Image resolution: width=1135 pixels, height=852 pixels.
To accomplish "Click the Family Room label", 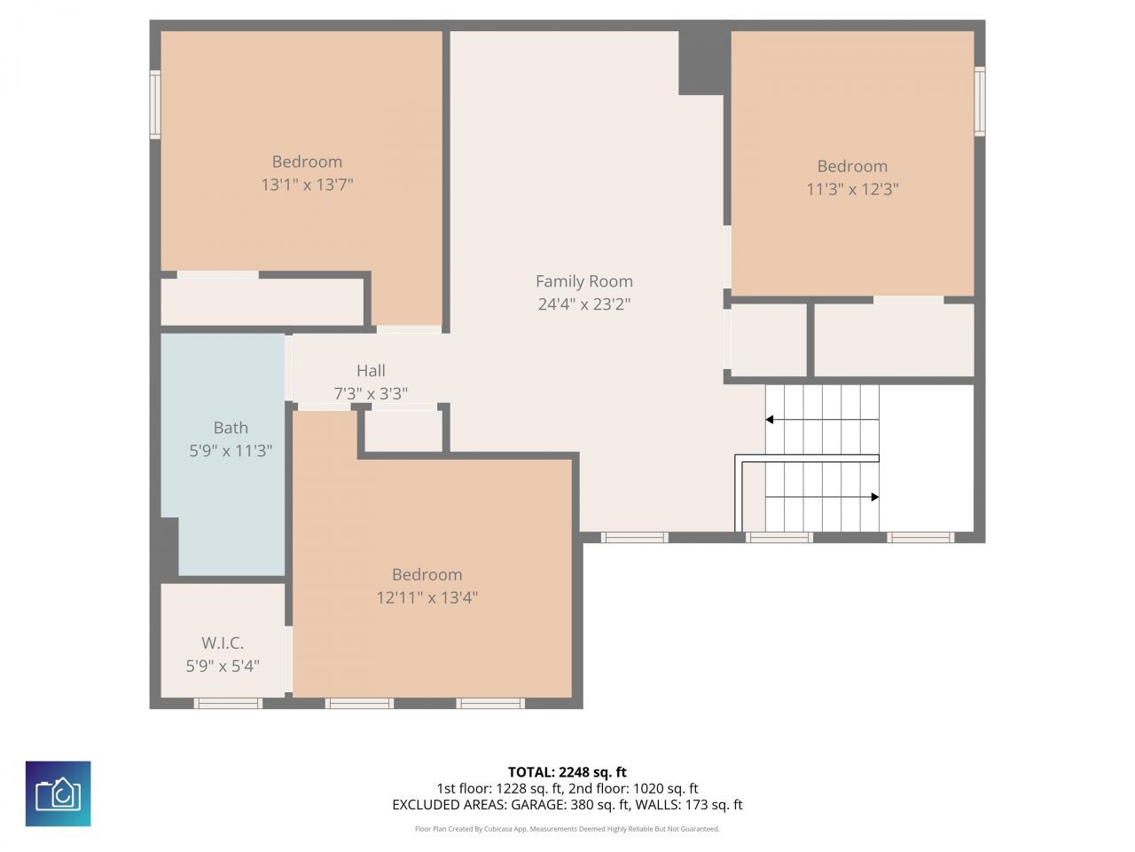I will coord(583,281).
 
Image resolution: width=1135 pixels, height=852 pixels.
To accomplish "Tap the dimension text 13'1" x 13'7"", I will coord(307,185).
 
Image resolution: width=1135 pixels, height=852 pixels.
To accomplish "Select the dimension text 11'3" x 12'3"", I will coord(852,189).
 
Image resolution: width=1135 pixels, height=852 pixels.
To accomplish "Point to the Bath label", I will coord(231,428).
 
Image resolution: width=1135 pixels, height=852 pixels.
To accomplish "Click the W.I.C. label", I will coord(223,643).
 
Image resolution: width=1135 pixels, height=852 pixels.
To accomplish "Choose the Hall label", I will coord(371,371).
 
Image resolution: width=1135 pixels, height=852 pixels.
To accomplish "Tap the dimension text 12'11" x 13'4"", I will coord(427,597).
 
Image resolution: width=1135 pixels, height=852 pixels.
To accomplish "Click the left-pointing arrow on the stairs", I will coord(770,419).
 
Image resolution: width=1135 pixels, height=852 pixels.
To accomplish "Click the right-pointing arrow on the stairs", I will coord(874,497).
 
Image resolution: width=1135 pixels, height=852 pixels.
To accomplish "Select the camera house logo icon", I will coord(59,793).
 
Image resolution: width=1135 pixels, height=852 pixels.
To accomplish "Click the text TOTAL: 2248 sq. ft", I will coord(567,772).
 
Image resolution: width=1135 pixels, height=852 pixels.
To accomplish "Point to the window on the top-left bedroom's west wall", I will coord(155,105).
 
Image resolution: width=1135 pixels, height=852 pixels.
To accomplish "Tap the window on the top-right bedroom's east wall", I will coord(980,101).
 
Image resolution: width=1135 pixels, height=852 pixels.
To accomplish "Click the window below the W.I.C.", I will coord(228,703).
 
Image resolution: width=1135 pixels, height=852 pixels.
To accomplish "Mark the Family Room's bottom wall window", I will coord(634,537).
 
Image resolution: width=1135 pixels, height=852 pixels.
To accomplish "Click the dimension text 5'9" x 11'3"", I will coord(231,451).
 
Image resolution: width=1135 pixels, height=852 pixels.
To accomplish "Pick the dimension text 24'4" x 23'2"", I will coord(583,304).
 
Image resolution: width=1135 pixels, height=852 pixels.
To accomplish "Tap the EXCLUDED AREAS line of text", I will coord(567,805).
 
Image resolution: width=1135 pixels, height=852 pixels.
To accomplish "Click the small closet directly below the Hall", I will coord(403,431).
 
